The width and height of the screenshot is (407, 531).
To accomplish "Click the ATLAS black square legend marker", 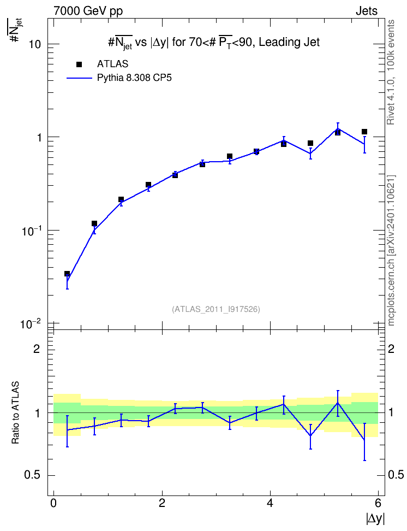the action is click(79, 64).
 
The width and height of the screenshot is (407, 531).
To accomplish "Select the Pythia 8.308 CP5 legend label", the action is click(134, 78).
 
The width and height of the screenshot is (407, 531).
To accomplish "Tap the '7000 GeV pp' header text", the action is click(88, 11).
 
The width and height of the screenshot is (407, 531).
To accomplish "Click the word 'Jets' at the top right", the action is click(367, 11).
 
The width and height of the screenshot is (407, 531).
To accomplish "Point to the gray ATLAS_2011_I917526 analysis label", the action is click(216, 309).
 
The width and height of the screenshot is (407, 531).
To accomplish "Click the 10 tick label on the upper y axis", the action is click(34, 44).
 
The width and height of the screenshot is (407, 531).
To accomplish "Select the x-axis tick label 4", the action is click(270, 503).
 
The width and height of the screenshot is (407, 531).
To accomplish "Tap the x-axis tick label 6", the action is click(378, 503).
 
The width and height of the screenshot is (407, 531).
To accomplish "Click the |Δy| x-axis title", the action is click(375, 518).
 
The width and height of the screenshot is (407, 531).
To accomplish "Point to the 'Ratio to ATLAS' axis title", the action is click(15, 412).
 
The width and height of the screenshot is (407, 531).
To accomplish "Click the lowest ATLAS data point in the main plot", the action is click(67, 274).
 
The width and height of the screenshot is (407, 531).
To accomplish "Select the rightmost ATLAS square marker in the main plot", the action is click(364, 132).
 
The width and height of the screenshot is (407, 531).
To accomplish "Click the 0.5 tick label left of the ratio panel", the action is click(32, 475).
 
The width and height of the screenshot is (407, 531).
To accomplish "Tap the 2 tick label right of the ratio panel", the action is click(391, 349).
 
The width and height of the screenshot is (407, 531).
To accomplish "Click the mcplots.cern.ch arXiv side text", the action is click(391, 251).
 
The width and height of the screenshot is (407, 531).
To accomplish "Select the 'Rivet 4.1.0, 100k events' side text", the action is click(391, 72).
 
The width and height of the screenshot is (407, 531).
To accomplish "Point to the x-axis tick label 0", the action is click(53, 503).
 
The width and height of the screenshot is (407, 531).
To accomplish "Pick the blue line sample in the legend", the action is click(79, 78).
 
